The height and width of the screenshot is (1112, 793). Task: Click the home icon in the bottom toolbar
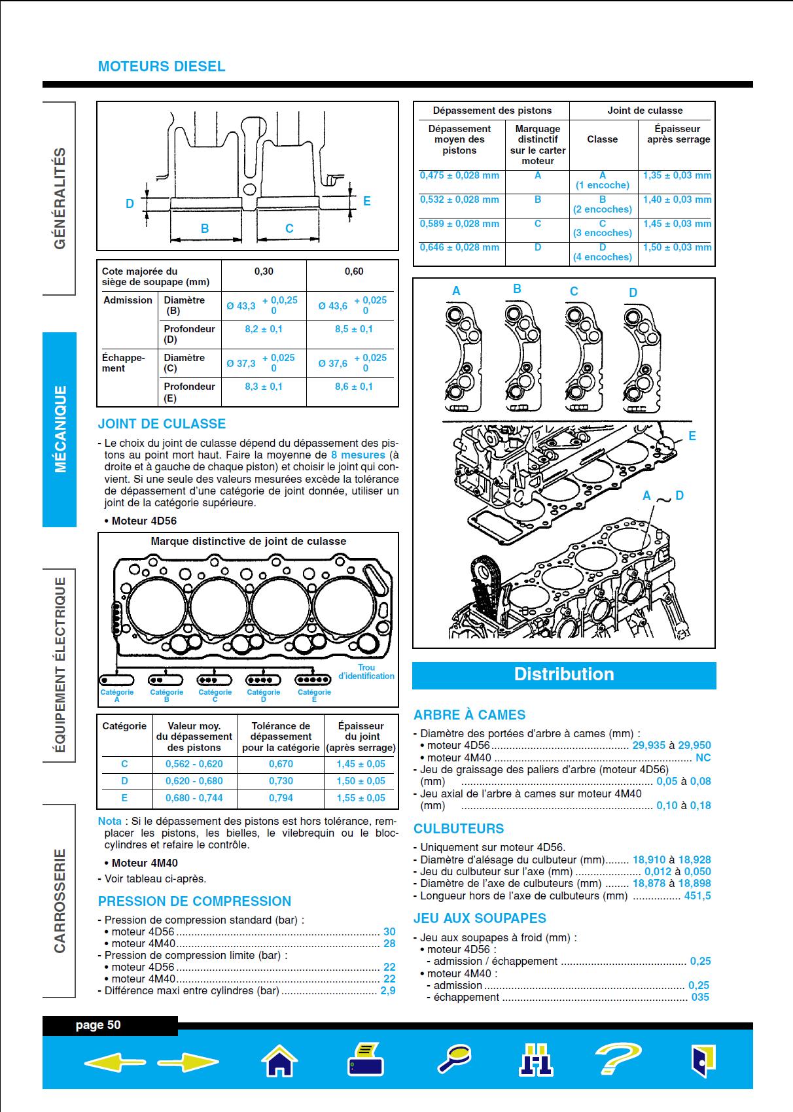(279, 1061)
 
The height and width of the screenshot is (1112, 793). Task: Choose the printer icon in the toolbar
(366, 1060)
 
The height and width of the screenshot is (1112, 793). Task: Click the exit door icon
(703, 1060)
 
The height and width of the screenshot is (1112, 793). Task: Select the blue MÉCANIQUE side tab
(60, 429)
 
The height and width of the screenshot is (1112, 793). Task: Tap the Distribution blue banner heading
(564, 674)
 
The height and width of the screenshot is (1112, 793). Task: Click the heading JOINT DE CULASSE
(162, 423)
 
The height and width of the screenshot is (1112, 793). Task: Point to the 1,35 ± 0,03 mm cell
(677, 175)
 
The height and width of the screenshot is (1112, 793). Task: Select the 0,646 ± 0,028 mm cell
(459, 247)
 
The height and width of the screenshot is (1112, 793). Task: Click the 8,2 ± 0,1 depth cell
(264, 329)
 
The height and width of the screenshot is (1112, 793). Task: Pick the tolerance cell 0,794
(281, 798)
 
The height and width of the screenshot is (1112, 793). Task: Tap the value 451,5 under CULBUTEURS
(697, 895)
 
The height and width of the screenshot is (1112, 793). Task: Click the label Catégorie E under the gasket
(314, 695)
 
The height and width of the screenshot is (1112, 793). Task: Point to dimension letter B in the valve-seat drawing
(205, 228)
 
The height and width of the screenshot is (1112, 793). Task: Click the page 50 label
(98, 1025)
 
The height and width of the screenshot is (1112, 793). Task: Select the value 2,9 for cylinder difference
(388, 990)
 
